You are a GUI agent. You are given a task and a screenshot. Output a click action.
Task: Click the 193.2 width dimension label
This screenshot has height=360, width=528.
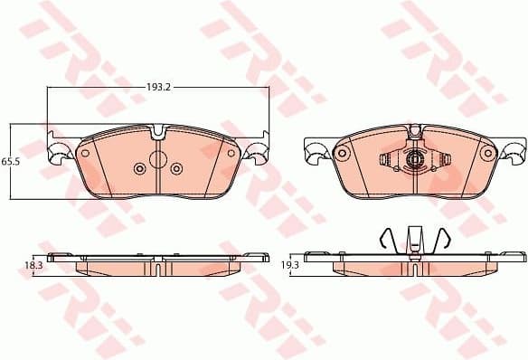[159, 89]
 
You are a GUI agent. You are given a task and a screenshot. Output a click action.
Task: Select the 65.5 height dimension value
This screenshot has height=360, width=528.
[10, 160]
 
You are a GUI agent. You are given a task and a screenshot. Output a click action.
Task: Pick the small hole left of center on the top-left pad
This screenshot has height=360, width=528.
[138, 168]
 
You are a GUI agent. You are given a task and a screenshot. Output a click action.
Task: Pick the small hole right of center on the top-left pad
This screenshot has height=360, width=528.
[176, 168]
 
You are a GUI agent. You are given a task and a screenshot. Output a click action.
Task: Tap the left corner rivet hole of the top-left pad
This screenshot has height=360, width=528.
[85, 153]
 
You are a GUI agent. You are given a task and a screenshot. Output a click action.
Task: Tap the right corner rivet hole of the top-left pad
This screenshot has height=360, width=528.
[231, 153]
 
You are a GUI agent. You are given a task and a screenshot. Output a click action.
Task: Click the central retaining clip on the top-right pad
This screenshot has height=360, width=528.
[415, 161]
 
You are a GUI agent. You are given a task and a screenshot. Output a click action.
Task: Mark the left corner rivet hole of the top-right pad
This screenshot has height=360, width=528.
[343, 153]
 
